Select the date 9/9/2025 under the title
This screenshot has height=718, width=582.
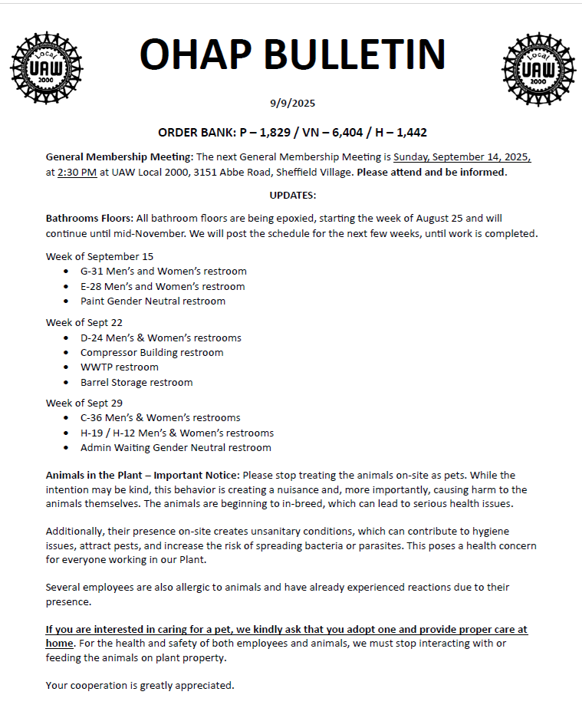(292, 103)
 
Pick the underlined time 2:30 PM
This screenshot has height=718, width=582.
(77, 172)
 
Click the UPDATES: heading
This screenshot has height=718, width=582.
(292, 195)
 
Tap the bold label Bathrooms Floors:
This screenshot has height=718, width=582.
(90, 219)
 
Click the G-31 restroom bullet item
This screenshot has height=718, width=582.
(163, 271)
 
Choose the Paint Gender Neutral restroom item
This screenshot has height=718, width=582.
(153, 301)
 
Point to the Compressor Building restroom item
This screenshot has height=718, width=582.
(152, 352)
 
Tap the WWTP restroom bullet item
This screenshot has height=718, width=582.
(119, 367)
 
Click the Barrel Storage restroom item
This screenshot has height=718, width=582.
(136, 382)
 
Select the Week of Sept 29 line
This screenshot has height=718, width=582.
(84, 403)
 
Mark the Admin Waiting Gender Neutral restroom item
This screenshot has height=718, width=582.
(176, 447)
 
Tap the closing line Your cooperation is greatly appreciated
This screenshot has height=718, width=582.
(140, 685)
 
